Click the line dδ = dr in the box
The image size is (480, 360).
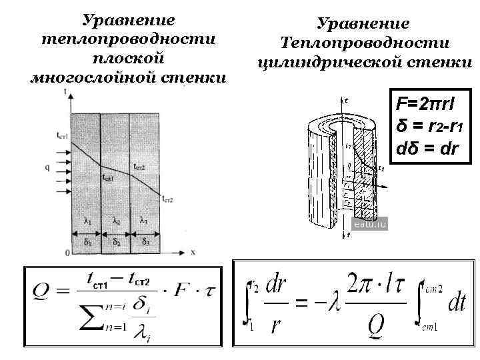pos(427,147)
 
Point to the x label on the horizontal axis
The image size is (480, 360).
pos(192,253)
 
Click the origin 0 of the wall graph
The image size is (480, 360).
pos(66,253)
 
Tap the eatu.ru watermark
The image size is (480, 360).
pos(370,225)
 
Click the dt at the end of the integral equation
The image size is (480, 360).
pos(456,304)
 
